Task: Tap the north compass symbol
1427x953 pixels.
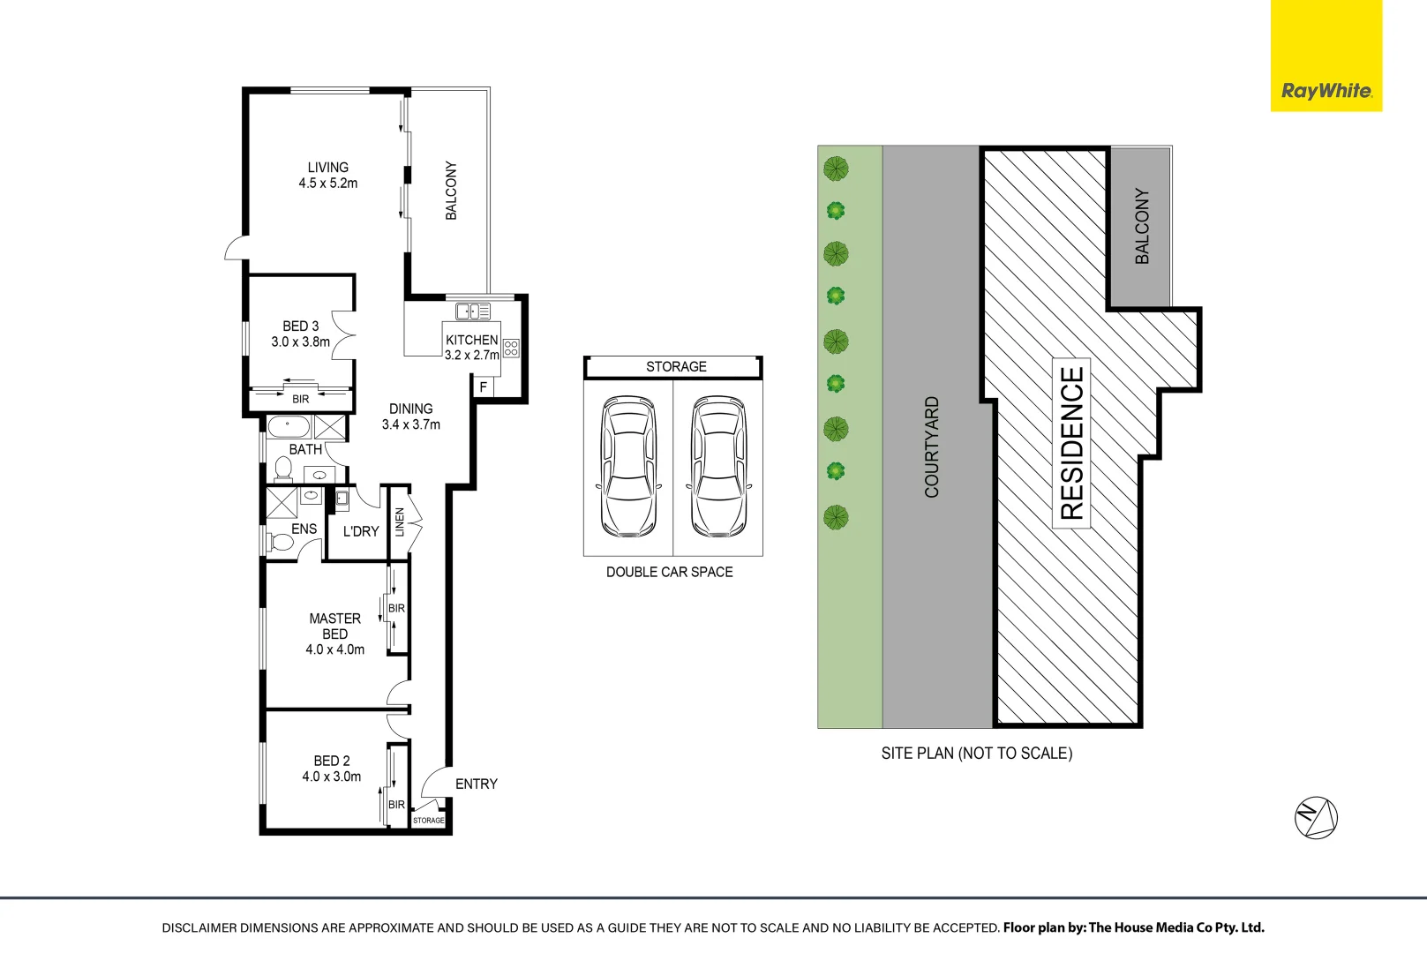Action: [1316, 817]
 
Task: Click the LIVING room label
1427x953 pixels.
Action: [328, 167]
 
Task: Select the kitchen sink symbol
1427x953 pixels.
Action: [473, 311]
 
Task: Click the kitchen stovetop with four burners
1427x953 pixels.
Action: [511, 348]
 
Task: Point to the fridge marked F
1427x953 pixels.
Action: [484, 386]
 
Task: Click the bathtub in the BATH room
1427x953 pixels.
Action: [289, 426]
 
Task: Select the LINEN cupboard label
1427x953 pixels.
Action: [400, 522]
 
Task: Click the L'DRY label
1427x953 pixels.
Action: [361, 531]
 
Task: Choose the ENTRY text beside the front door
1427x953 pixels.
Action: [476, 784]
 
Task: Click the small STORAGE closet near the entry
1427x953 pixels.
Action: [428, 820]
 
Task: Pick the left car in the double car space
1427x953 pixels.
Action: [628, 466]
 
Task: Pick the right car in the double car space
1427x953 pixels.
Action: [718, 466]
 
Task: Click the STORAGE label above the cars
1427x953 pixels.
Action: [676, 366]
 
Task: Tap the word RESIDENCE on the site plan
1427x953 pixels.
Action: [1071, 443]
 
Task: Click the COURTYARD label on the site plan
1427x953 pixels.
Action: [931, 446]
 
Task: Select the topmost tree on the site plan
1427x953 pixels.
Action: [836, 169]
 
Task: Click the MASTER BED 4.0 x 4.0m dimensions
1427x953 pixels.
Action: [335, 649]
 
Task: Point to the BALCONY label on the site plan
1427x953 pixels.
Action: [1142, 226]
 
